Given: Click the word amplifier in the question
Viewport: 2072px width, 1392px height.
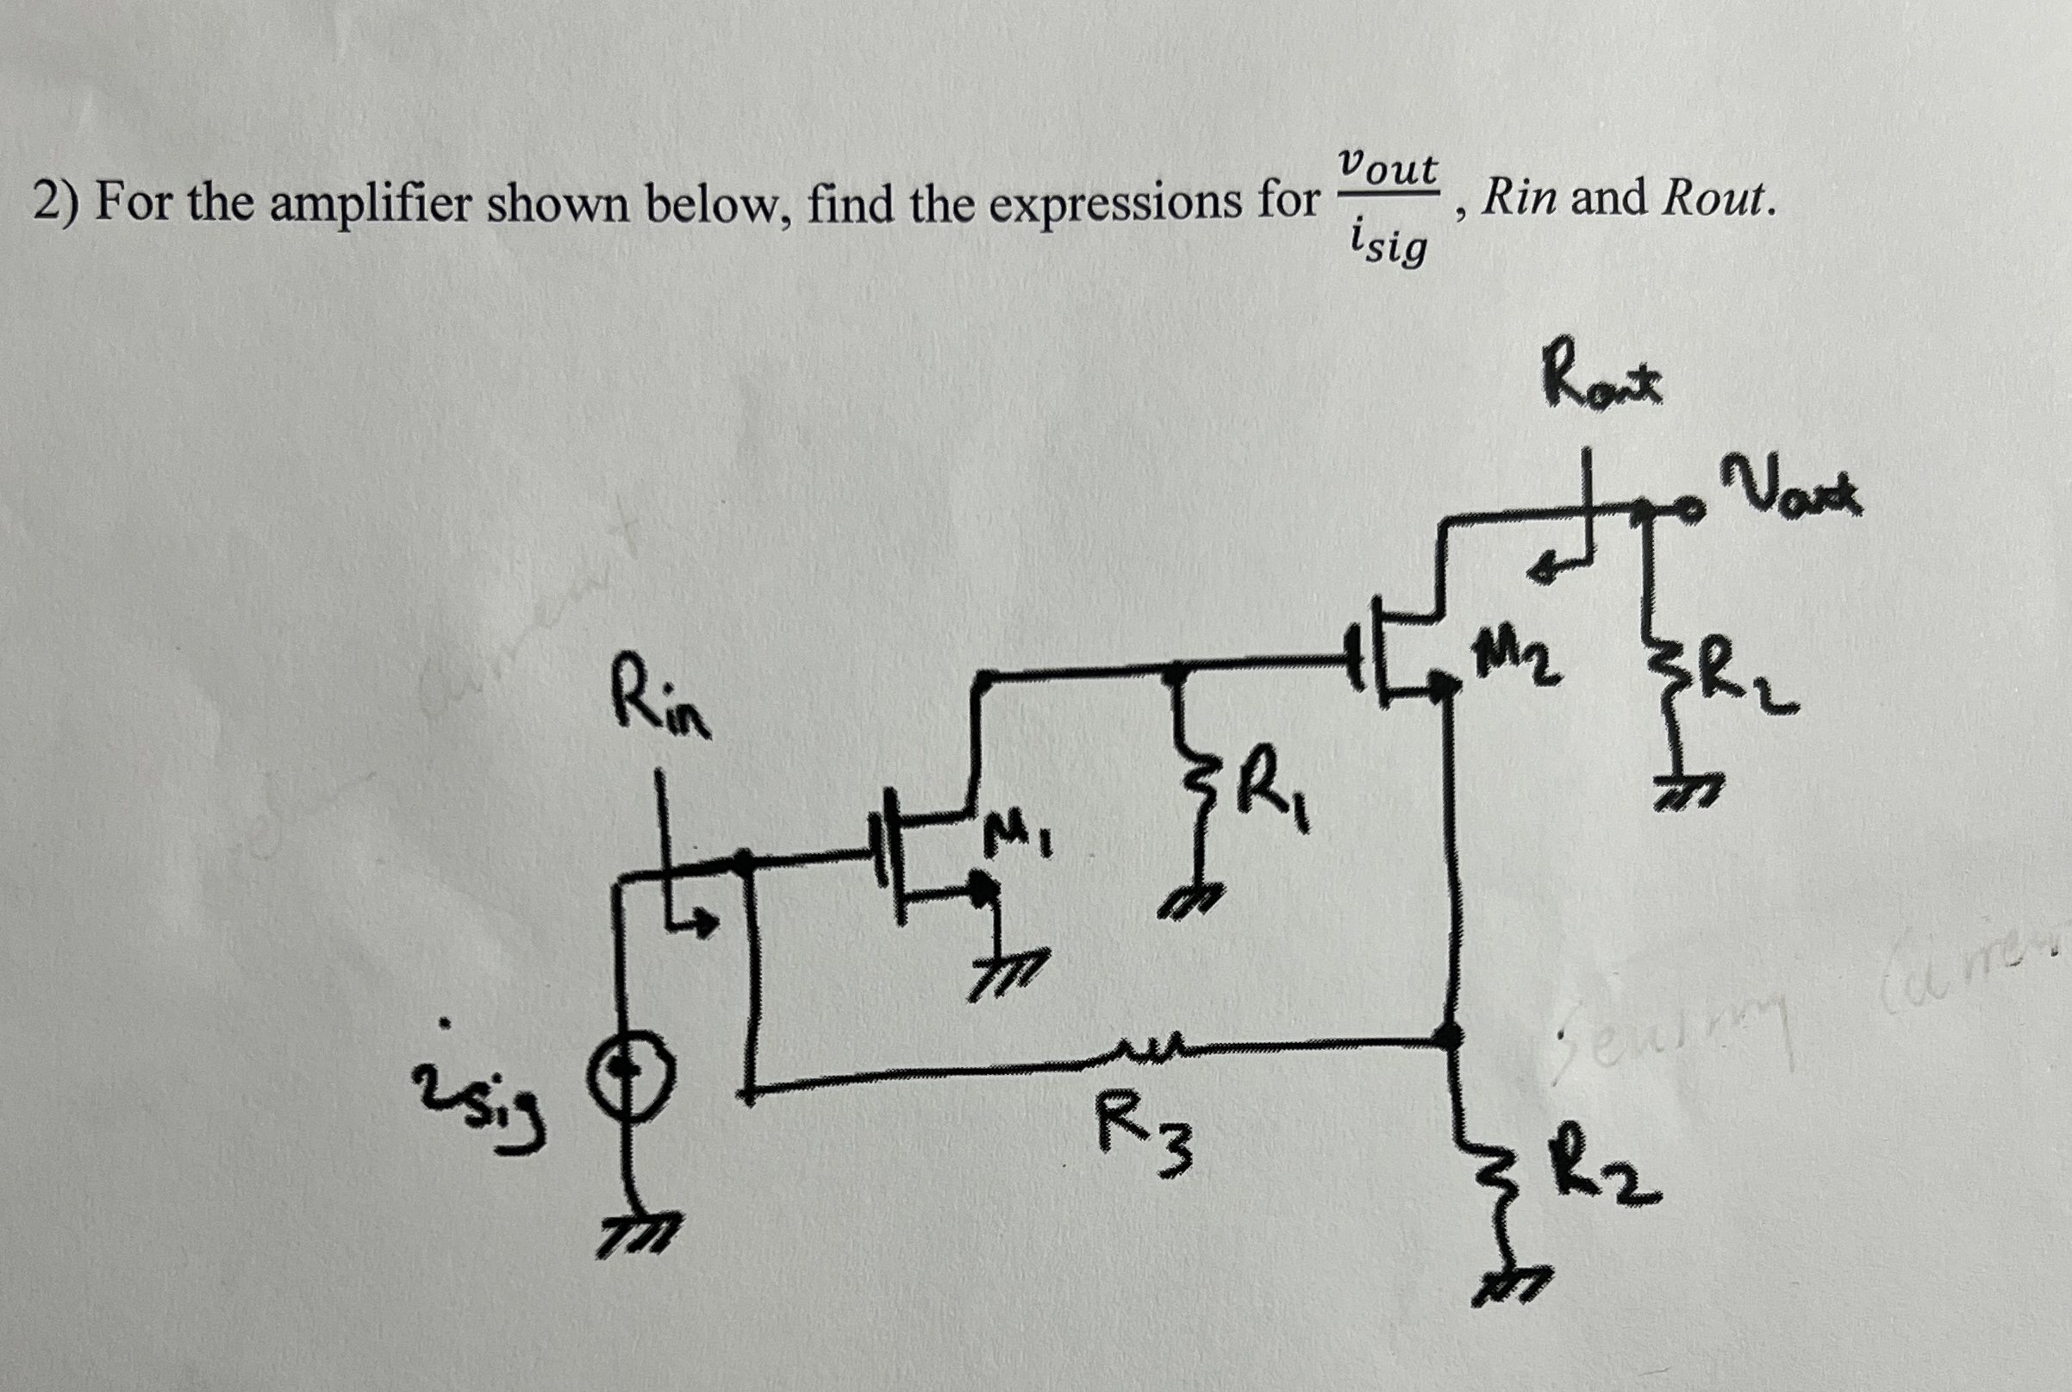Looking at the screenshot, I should click(x=371, y=203).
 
